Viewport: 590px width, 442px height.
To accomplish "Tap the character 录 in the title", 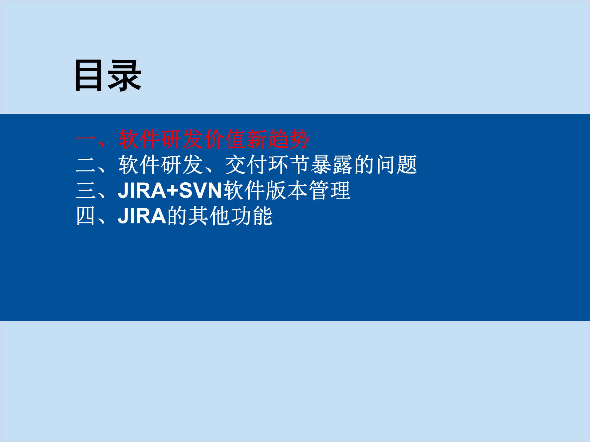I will click(124, 76).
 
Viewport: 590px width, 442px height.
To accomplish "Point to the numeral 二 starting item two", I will click(86, 165).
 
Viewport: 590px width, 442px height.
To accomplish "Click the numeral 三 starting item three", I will click(86, 191).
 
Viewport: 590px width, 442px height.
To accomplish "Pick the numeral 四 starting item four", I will click(86, 216).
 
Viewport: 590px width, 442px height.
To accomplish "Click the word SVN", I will click(200, 191).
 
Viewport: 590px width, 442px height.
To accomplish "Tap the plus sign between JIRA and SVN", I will click(172, 191).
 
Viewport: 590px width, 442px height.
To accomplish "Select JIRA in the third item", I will click(142, 191).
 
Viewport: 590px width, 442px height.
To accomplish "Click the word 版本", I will click(286, 191).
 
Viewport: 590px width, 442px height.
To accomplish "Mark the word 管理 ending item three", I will click(329, 191).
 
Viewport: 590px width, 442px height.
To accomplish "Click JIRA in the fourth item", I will click(142, 216).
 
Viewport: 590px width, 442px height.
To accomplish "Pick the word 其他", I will click(209, 216).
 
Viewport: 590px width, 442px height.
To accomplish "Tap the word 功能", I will click(252, 216).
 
